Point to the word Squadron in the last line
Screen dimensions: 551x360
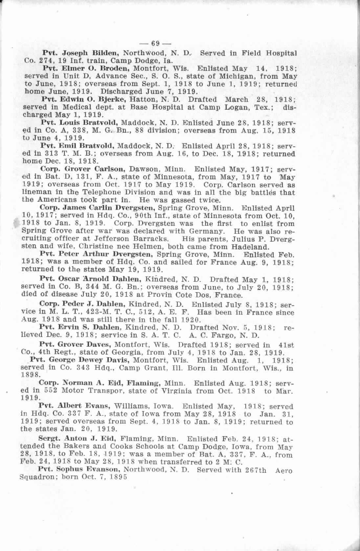click(36, 477)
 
